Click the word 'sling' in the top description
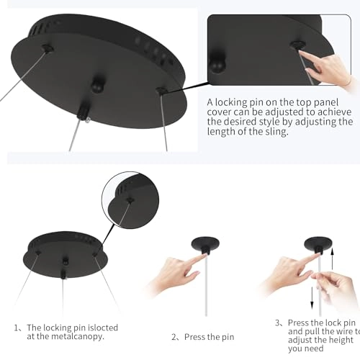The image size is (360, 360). (x=276, y=132)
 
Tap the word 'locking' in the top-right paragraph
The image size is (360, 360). (x=231, y=102)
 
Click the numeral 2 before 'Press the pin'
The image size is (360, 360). (x=174, y=337)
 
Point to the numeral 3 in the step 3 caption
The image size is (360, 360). (x=278, y=323)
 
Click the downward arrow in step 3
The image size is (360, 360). (x=312, y=297)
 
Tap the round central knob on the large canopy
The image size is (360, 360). (x=98, y=85)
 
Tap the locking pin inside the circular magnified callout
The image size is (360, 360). (x=130, y=199)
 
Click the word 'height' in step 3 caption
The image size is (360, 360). (x=341, y=340)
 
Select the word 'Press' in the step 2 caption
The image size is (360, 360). (x=194, y=337)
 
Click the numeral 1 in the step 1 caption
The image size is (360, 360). (x=17, y=328)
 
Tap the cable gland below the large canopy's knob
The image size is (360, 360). (x=83, y=112)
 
